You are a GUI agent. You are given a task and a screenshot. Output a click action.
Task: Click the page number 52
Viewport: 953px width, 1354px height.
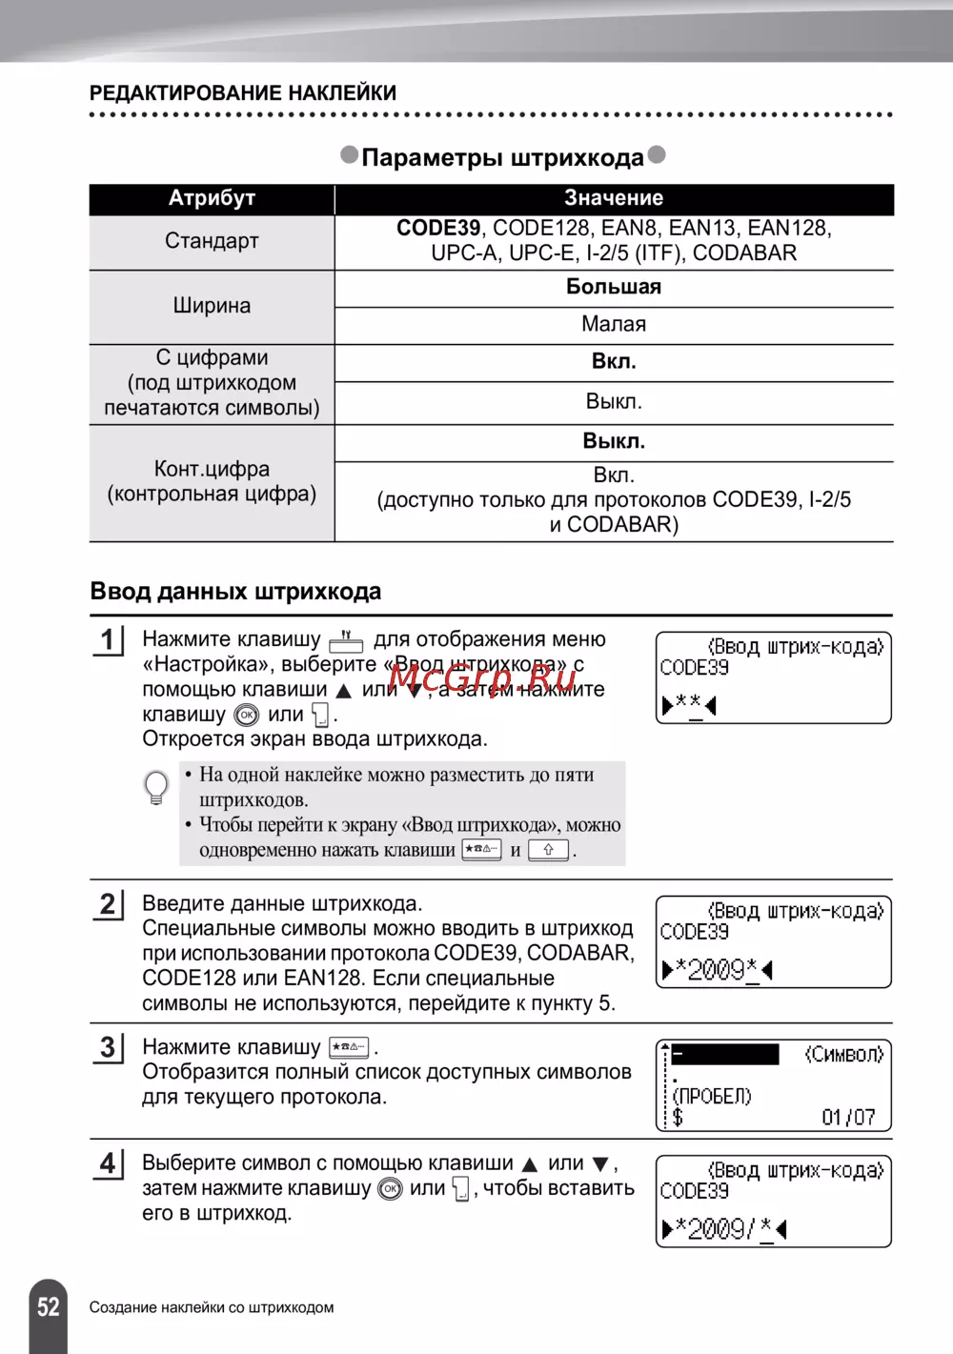click(x=48, y=1306)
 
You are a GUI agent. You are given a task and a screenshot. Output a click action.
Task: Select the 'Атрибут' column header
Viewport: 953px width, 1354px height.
click(x=212, y=198)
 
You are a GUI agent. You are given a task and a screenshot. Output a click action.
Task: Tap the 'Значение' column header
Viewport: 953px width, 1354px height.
click(x=614, y=198)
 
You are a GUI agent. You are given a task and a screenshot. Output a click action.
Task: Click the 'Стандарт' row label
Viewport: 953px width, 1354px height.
click(x=212, y=241)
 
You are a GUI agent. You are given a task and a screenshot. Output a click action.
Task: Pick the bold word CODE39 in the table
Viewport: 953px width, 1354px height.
click(x=438, y=229)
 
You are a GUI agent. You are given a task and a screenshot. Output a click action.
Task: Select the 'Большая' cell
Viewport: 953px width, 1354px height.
click(x=614, y=287)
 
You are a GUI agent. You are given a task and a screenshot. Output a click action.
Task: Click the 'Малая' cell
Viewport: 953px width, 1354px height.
click(x=614, y=325)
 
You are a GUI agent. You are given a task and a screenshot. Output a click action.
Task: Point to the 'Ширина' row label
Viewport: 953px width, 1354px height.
click(x=212, y=306)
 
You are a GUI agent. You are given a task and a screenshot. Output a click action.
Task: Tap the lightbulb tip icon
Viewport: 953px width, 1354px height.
click(x=155, y=788)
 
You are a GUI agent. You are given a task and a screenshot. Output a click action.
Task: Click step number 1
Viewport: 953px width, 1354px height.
click(x=108, y=640)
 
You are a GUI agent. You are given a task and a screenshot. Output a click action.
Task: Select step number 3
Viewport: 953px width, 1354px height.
click(x=108, y=1048)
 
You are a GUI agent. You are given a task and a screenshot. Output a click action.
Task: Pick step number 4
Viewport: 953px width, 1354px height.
click(x=108, y=1164)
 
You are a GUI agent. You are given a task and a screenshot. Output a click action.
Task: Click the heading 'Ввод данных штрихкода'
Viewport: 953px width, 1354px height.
click(x=235, y=592)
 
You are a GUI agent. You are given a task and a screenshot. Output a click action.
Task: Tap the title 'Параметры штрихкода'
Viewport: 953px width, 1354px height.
click(x=502, y=157)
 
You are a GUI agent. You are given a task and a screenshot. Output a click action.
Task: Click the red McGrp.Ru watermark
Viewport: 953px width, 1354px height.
click(x=482, y=677)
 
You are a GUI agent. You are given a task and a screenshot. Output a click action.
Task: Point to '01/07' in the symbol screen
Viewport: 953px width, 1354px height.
click(x=848, y=1117)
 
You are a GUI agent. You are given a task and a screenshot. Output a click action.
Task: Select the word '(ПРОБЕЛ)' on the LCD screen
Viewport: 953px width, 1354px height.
click(x=712, y=1096)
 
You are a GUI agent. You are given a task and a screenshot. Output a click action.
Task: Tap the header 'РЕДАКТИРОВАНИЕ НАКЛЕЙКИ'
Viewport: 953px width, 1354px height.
click(x=243, y=93)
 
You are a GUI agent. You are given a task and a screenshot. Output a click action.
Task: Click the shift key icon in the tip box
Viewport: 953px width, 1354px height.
click(x=548, y=850)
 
